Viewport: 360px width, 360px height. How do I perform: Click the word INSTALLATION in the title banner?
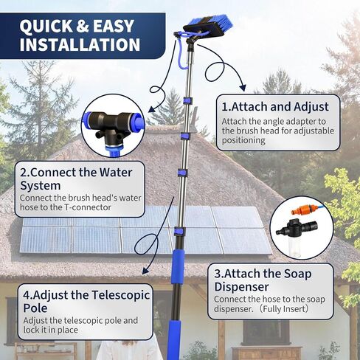[x=80, y=44]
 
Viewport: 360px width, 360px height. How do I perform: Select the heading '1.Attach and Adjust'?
[x=275, y=107]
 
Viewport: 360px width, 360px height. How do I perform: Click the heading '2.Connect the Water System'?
[x=76, y=179]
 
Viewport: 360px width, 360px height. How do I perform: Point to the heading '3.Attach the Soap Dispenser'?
[x=263, y=280]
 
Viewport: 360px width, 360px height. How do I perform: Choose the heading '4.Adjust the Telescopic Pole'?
[x=86, y=302]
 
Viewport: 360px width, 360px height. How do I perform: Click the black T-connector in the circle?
[x=109, y=128]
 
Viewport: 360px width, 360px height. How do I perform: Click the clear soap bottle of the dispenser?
[x=294, y=247]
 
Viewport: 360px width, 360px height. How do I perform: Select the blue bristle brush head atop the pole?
[x=209, y=25]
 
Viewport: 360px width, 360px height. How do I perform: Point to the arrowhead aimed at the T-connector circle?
[x=152, y=108]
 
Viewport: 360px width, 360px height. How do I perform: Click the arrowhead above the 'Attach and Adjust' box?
[x=243, y=88]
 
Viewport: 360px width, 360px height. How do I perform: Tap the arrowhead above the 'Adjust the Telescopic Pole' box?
[x=146, y=271]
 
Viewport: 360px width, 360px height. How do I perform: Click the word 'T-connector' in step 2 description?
[x=88, y=207]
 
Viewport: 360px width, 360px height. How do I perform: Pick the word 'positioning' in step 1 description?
[x=243, y=140]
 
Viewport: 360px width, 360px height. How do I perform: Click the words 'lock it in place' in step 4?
[x=51, y=330]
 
